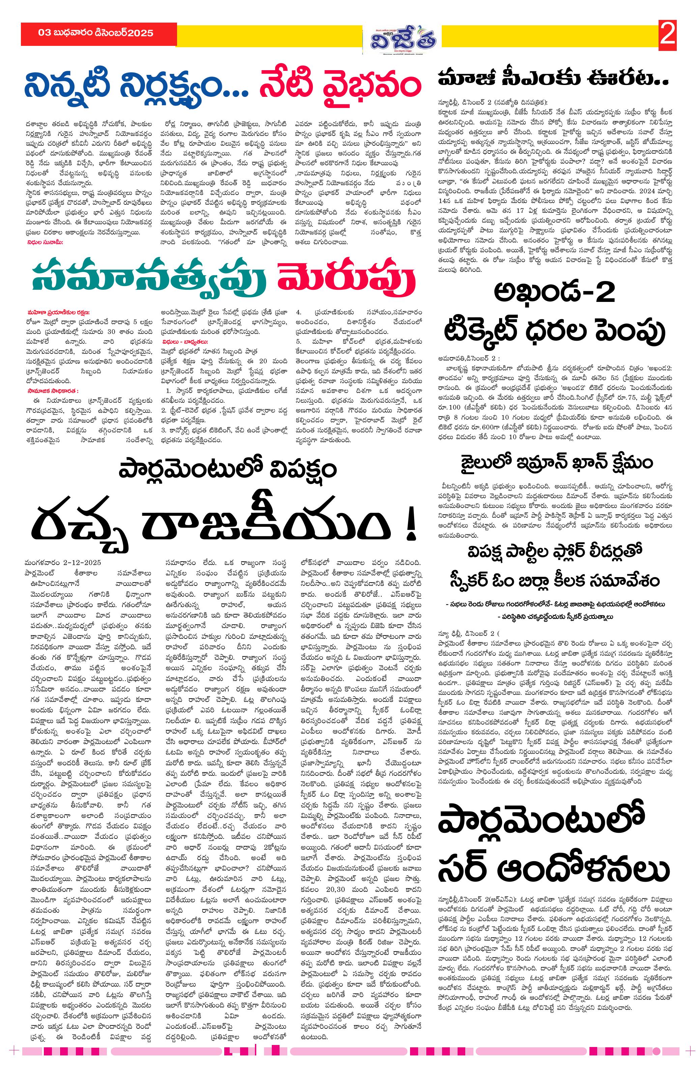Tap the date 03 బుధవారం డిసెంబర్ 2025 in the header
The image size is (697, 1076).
point(96,33)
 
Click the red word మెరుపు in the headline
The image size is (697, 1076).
point(346,279)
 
